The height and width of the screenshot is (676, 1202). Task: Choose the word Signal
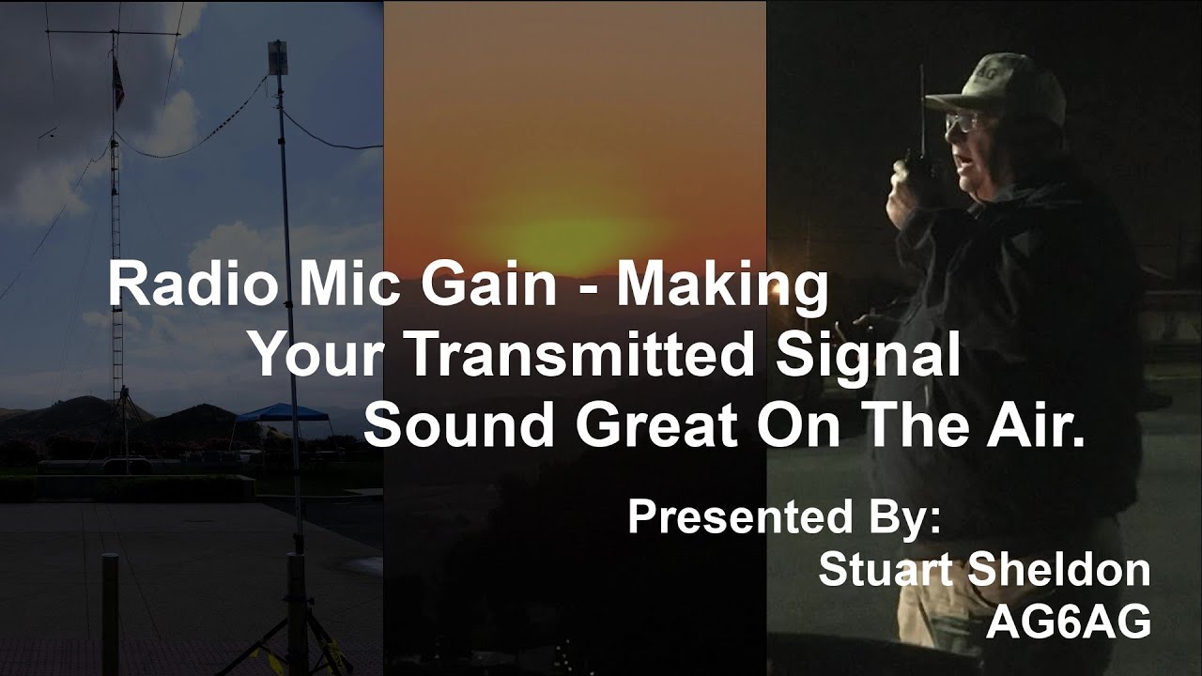pyautogui.click(x=874, y=359)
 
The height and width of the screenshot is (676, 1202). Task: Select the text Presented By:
pyautogui.click(x=784, y=517)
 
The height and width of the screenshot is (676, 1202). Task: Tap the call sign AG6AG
pyautogui.click(x=1068, y=622)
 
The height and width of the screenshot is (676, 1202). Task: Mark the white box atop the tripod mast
pyautogui.click(x=277, y=57)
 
